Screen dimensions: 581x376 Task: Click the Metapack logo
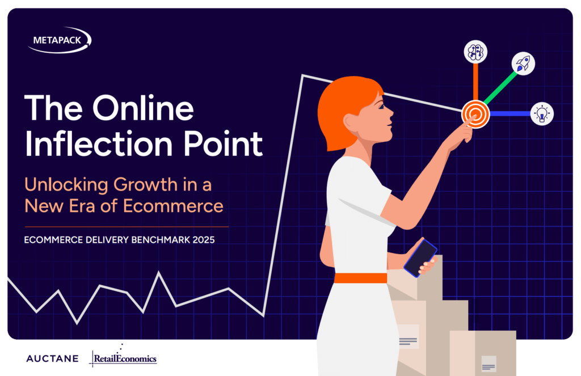(x=59, y=40)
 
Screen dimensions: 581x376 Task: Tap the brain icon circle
(x=475, y=52)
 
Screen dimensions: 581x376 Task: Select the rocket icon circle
(x=523, y=64)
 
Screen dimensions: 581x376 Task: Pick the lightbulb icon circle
(x=542, y=114)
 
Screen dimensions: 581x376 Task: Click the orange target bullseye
(x=475, y=114)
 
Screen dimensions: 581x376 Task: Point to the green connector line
(x=500, y=88)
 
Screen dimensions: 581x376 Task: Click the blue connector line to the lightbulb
(x=510, y=114)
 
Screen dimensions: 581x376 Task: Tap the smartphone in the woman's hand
(x=420, y=258)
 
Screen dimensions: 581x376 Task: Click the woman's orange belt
(x=360, y=278)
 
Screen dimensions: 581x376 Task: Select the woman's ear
(x=351, y=121)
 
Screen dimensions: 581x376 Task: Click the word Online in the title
(x=143, y=108)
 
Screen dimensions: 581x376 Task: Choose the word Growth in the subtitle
(x=146, y=185)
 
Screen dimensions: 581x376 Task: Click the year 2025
(x=204, y=240)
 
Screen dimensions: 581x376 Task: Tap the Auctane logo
(x=52, y=358)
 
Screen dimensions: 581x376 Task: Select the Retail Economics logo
(x=123, y=356)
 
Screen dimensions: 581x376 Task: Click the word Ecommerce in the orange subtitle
(x=173, y=206)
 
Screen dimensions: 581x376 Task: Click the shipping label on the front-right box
(x=489, y=364)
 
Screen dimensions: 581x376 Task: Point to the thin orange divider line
(x=127, y=227)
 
